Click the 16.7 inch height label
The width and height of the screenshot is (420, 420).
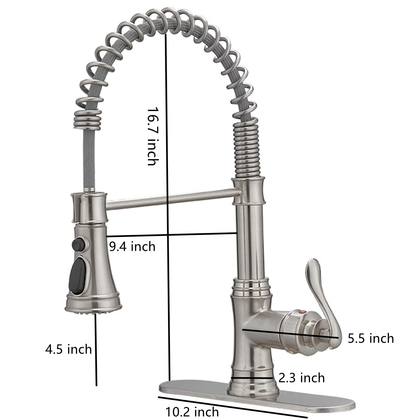pos(153,136)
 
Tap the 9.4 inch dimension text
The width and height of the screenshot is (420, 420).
pos(132,247)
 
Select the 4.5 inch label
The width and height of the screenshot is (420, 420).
pos(69,349)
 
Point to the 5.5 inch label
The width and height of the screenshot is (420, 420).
pos(371,338)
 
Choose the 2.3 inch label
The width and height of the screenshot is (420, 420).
pos(302,378)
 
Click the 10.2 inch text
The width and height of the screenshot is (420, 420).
pos(192,412)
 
